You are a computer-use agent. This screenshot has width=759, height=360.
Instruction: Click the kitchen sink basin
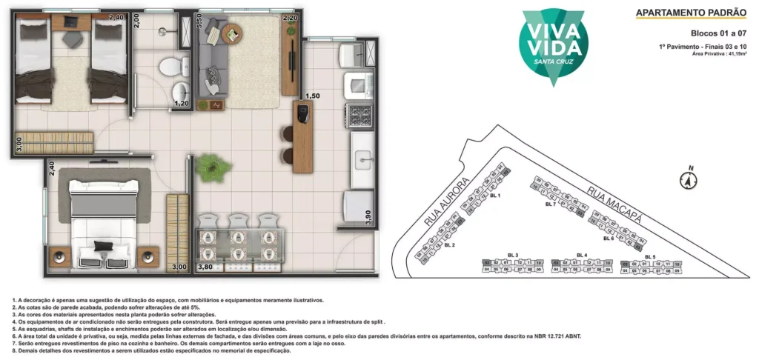363,159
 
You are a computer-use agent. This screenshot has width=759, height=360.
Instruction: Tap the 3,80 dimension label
205,267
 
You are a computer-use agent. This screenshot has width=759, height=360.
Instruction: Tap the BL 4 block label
581,255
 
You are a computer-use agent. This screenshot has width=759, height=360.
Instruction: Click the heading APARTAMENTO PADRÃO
691,13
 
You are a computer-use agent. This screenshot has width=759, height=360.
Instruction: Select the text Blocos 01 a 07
718,33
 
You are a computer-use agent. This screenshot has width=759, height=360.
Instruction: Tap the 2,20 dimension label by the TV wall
290,18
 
